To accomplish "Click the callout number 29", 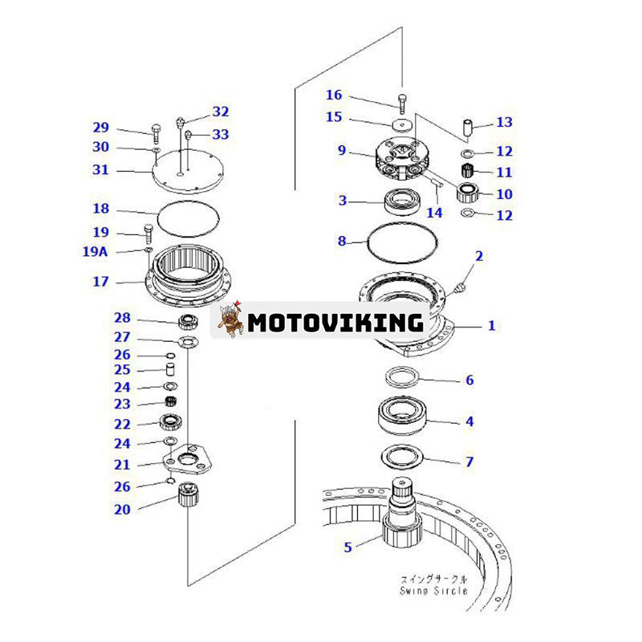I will click(x=100, y=127).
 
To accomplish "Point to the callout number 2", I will click(x=479, y=256).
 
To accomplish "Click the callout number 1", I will click(x=492, y=326).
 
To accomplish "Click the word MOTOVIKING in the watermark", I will click(x=335, y=323).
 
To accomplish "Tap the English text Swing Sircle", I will click(x=433, y=591).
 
